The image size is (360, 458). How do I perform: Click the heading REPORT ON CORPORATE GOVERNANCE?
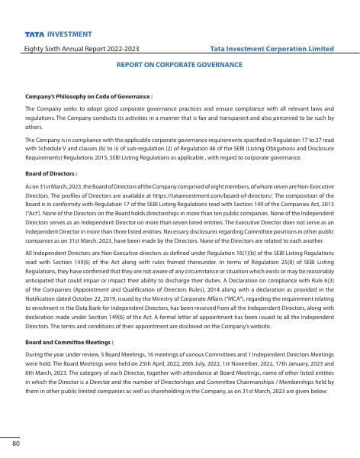[x=179, y=66]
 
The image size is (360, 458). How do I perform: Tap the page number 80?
[x=15, y=442]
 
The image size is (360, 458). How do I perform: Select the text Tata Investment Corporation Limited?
[x=272, y=49]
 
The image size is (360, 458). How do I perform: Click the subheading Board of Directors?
[x=47, y=174]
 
